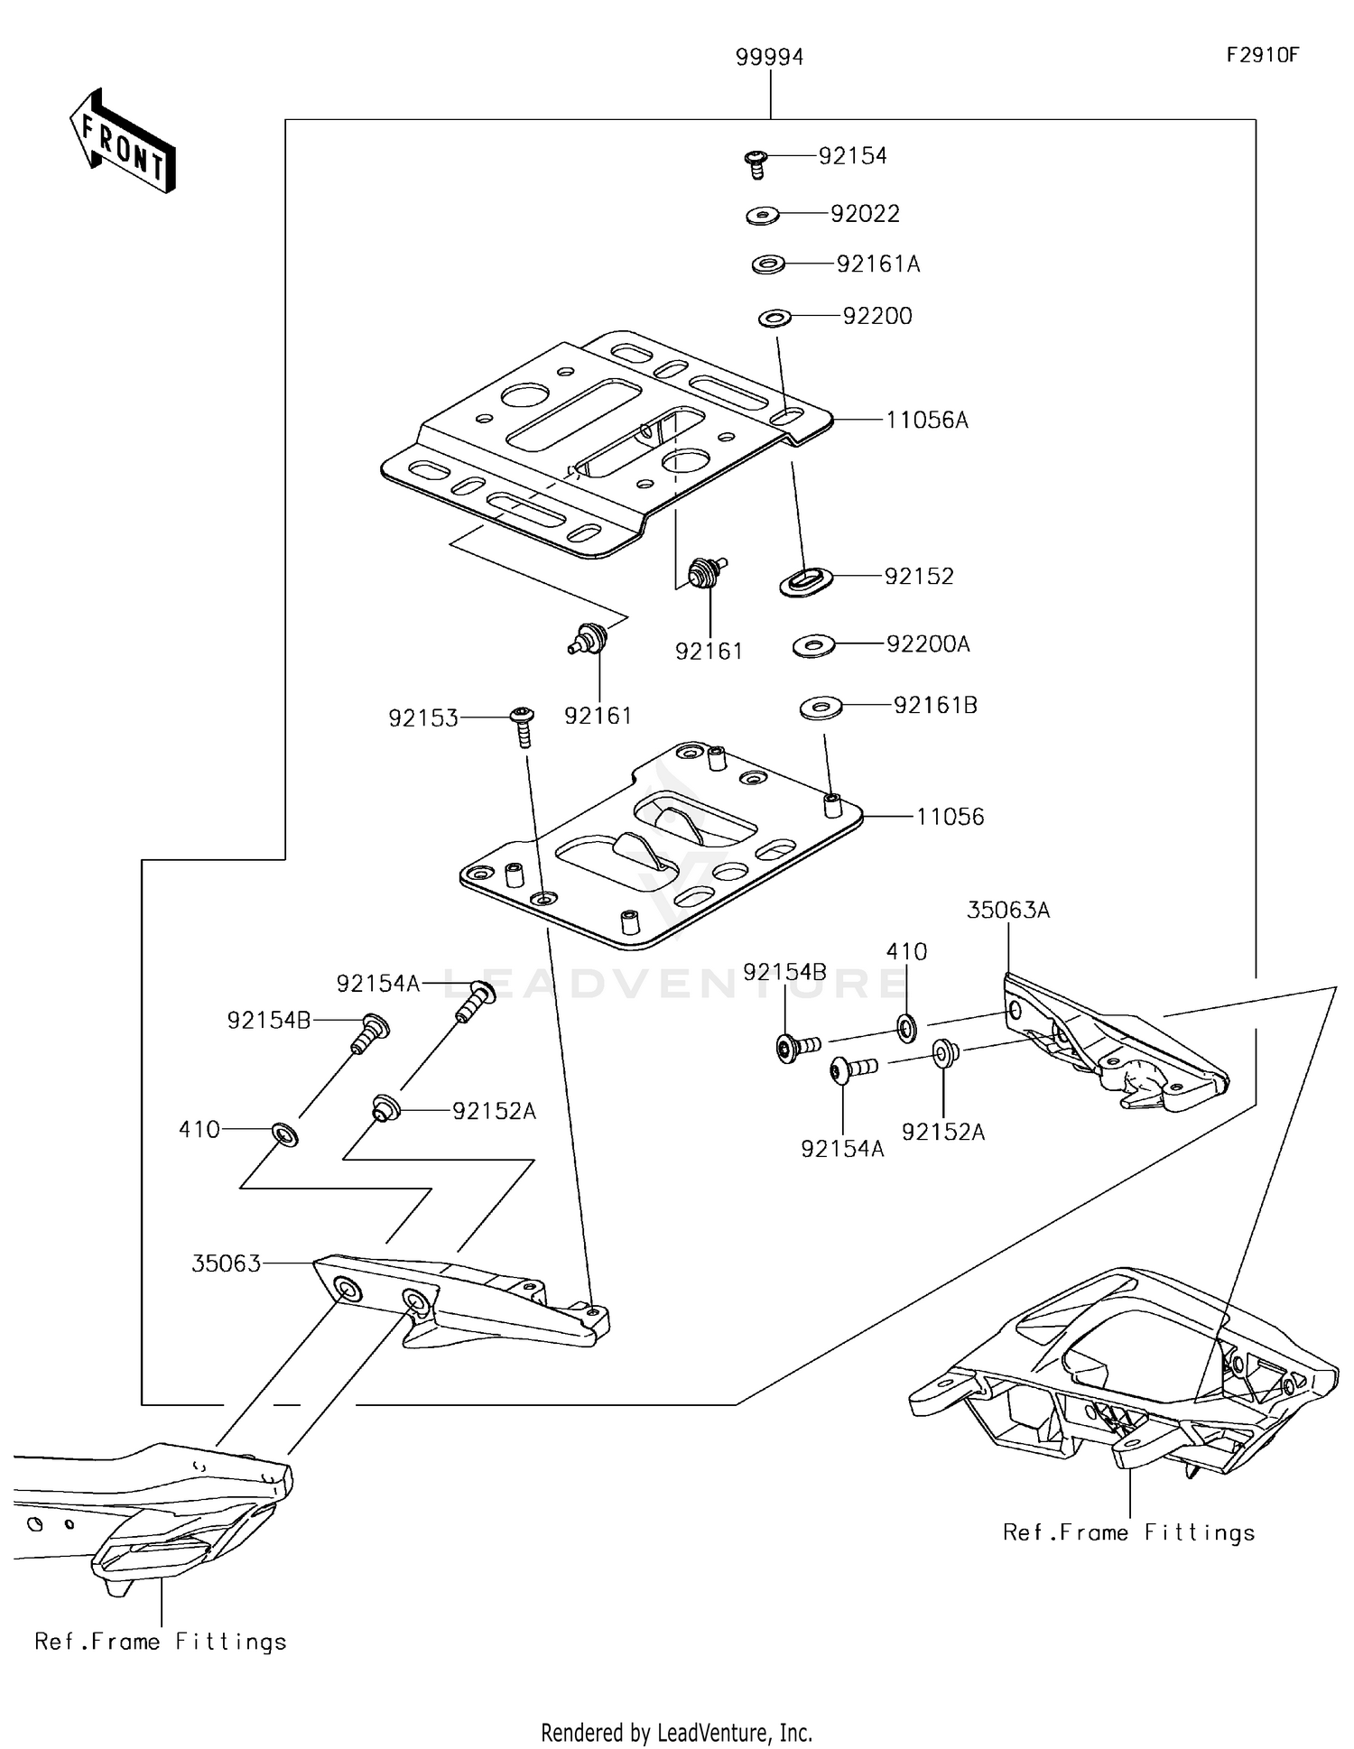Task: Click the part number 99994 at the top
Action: (769, 58)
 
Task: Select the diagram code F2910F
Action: (1261, 55)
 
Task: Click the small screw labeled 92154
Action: (756, 164)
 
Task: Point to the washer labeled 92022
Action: (763, 216)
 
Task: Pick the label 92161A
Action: (877, 264)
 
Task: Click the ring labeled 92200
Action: (774, 318)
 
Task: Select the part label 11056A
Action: (927, 421)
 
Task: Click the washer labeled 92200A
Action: (813, 646)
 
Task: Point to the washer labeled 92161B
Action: (821, 708)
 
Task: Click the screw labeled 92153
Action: (522, 725)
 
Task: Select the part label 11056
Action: (950, 818)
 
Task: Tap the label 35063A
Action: (1007, 911)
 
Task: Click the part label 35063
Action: (226, 1263)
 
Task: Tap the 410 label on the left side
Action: (199, 1130)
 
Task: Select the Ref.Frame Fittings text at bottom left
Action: (161, 1642)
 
